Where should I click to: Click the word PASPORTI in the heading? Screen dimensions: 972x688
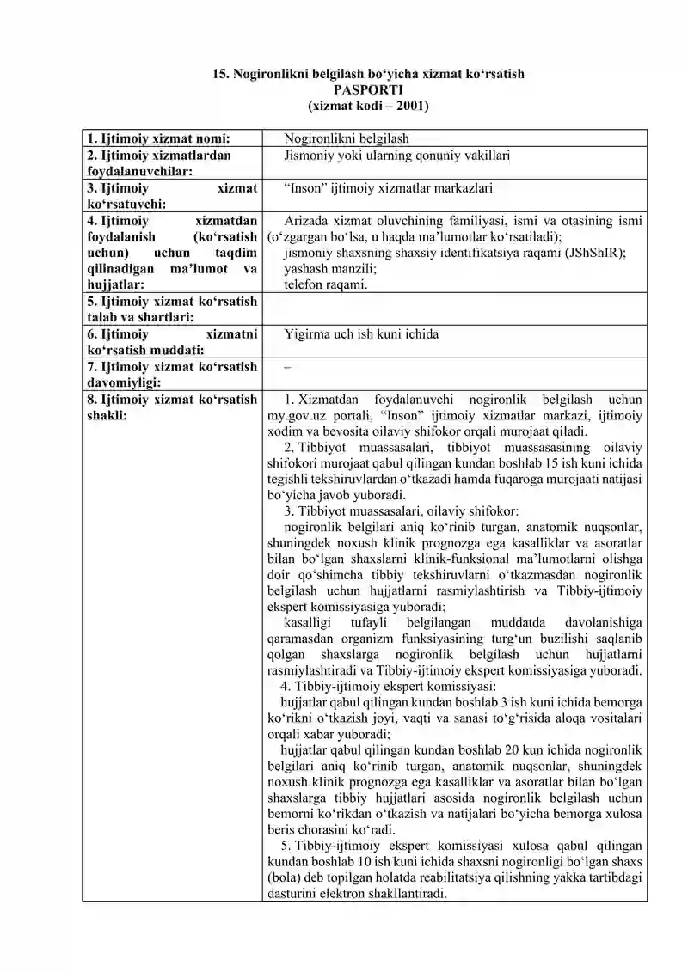(369, 89)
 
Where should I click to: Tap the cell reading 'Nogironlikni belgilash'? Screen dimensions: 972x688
(347, 138)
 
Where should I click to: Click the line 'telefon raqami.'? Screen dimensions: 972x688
(325, 284)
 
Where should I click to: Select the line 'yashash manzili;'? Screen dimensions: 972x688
(330, 268)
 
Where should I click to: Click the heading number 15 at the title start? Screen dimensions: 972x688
(220, 75)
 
